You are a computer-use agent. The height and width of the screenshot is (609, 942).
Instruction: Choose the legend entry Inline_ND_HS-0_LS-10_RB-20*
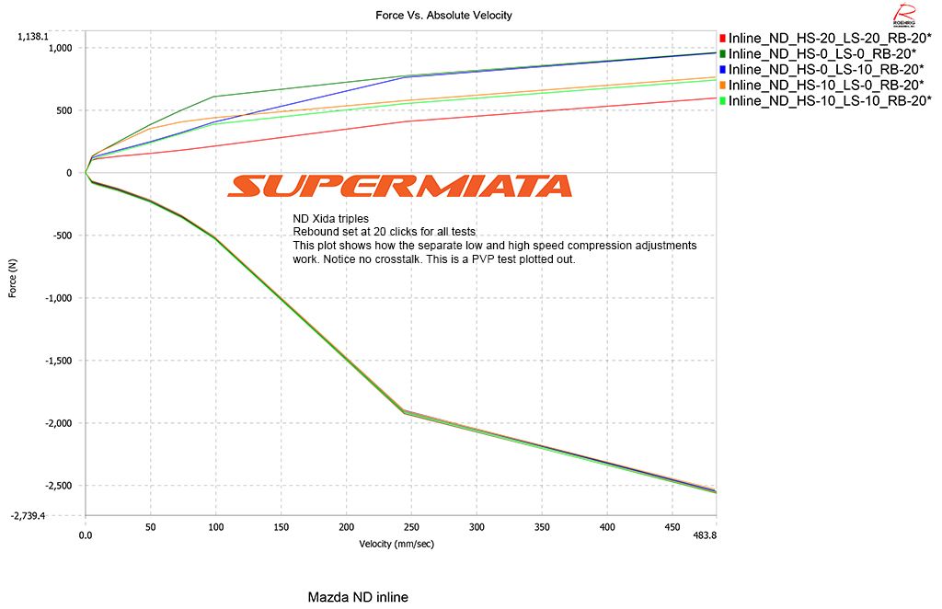click(826, 69)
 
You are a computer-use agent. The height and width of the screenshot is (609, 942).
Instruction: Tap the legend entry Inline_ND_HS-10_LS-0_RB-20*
click(826, 85)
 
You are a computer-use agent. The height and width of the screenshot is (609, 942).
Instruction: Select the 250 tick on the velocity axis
click(411, 527)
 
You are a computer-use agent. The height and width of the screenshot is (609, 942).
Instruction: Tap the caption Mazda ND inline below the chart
click(358, 597)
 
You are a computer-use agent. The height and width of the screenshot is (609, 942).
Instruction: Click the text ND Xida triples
click(330, 219)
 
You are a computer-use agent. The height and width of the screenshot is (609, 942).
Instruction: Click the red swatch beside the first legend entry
click(723, 39)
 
